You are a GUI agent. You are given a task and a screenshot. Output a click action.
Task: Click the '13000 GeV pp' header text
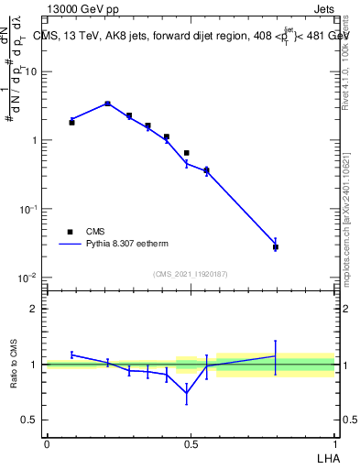click(82, 9)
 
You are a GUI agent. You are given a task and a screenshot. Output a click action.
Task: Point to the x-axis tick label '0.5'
click(191, 443)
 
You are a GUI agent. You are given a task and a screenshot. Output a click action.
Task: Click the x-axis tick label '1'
click(335, 443)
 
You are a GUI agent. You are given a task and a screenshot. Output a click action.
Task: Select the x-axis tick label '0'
click(47, 443)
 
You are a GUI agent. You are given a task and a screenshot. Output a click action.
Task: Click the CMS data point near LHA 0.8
click(275, 247)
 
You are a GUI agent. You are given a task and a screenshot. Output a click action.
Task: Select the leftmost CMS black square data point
click(71, 122)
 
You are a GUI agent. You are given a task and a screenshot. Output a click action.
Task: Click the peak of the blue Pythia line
click(107, 104)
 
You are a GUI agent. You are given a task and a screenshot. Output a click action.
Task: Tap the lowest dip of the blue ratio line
click(187, 393)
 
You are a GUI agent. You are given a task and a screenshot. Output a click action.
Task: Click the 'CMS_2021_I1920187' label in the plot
click(191, 273)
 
